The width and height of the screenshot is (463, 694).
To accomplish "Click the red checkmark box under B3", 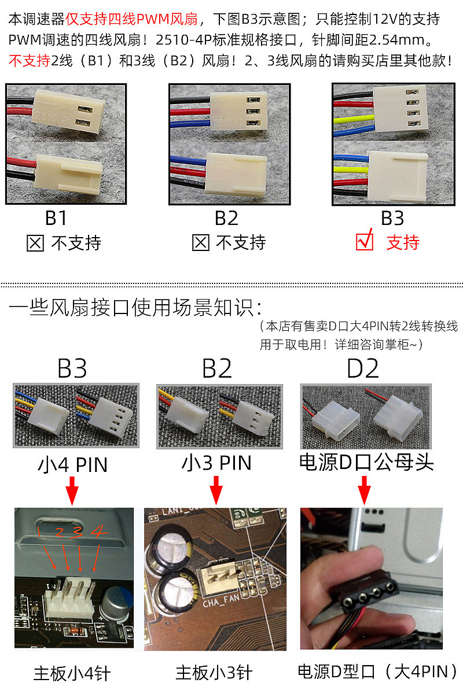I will [365, 241].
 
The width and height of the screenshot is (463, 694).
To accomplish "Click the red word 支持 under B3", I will [402, 242].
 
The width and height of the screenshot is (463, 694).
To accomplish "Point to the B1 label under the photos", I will [56, 218].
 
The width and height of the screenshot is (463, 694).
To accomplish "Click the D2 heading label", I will [363, 368].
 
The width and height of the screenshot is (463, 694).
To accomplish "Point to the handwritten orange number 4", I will [99, 531].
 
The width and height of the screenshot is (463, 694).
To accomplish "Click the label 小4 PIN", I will [72, 464].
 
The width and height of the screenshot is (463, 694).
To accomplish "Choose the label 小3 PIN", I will [216, 463].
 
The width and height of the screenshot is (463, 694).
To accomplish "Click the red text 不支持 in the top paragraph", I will [30, 61].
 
